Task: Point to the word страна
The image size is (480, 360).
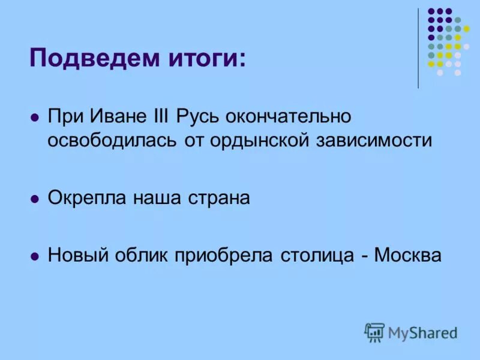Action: click(x=215, y=197)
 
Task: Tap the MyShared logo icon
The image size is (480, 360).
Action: click(x=374, y=332)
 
